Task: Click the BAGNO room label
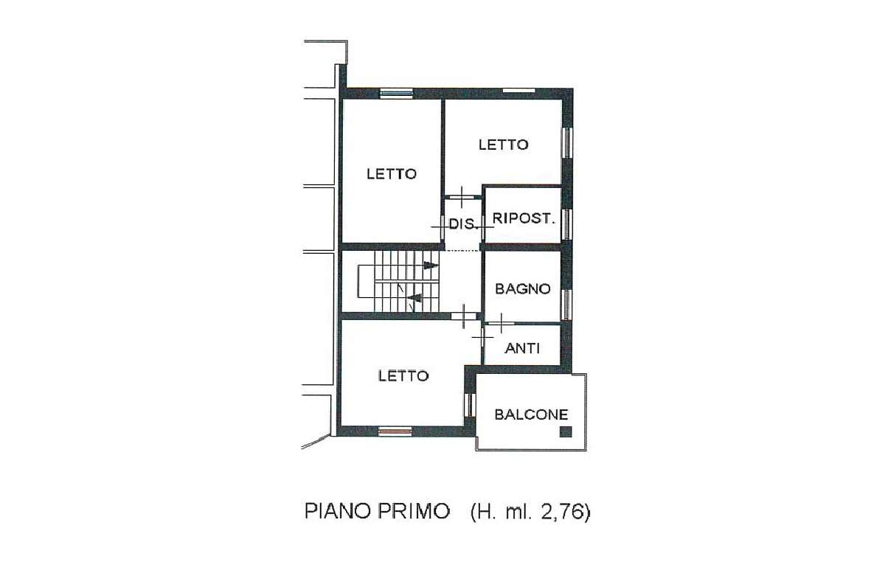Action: (x=522, y=289)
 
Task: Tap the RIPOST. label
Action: (x=523, y=218)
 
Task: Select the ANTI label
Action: (x=522, y=348)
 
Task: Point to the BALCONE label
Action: (x=531, y=414)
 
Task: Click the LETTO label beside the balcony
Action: (x=403, y=375)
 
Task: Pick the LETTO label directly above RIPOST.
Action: (x=503, y=145)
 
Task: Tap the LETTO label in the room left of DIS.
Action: (x=392, y=174)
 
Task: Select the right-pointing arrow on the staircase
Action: (x=431, y=266)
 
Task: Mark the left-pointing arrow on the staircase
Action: (x=414, y=298)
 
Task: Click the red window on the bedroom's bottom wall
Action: (x=395, y=430)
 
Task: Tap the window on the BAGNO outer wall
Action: (x=566, y=304)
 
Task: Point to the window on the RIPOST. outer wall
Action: (x=566, y=223)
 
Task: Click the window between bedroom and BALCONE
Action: (x=468, y=404)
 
